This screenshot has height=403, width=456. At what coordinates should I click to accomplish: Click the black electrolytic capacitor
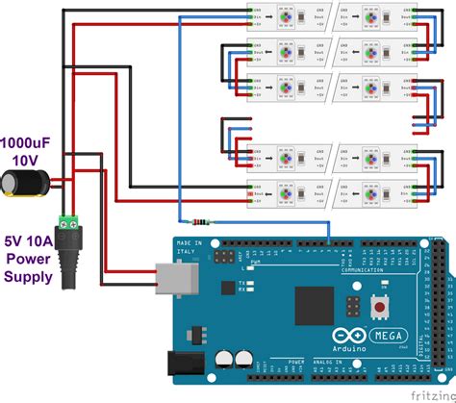point(20,182)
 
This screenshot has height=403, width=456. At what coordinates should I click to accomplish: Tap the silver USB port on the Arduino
point(172,278)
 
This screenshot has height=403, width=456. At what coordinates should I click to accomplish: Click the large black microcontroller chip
point(314,305)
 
